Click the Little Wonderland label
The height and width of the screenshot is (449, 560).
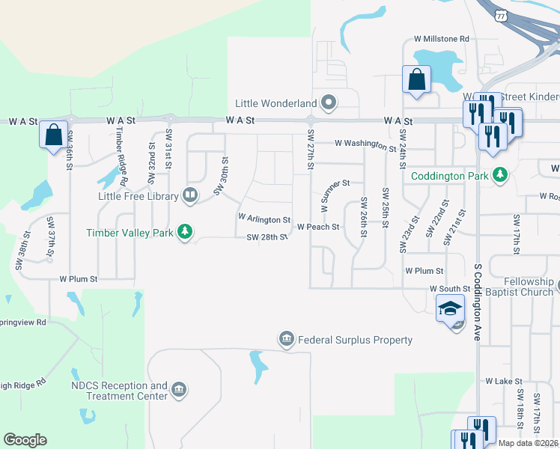coord(275,103)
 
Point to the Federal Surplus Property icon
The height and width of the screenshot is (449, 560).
coord(285,340)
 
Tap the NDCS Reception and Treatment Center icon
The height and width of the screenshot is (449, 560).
coord(178,390)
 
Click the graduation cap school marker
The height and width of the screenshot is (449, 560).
coord(450,309)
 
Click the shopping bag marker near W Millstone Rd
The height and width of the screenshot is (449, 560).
coord(416,79)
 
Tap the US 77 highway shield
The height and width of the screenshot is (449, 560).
coord(502,14)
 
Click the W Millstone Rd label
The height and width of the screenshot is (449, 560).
coord(441,38)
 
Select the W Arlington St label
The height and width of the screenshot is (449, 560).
coord(264,219)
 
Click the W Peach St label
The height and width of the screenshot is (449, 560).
coord(318,227)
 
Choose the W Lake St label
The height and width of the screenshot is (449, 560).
coord(498,381)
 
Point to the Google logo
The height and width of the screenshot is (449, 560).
coord(25,440)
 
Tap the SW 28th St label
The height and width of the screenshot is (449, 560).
coord(267,238)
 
